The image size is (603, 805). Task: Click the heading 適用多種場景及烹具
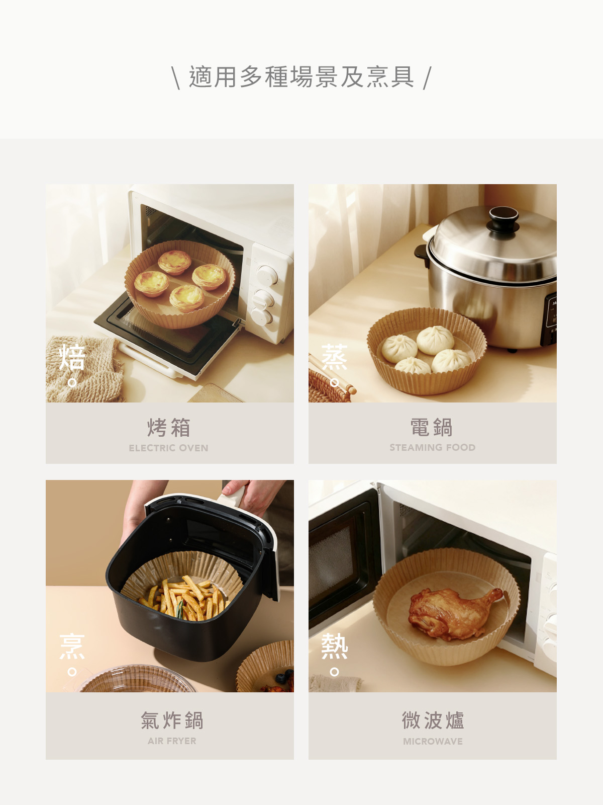click(x=301, y=77)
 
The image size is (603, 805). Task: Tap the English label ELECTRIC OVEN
click(x=168, y=448)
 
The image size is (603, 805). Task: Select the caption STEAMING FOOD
click(x=432, y=447)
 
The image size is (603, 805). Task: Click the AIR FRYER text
click(x=172, y=741)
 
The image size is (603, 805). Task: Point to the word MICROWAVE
click(x=433, y=741)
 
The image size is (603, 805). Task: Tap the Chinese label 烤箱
click(x=169, y=427)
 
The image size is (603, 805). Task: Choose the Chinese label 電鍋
click(x=432, y=427)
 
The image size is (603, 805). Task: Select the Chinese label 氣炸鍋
click(x=172, y=720)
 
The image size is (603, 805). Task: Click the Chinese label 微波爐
click(x=433, y=720)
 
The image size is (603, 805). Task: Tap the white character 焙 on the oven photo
click(x=72, y=357)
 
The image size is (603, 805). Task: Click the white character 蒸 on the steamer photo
click(x=334, y=357)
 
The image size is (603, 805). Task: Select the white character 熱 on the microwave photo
click(x=334, y=646)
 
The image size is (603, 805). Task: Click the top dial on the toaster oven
click(x=267, y=275)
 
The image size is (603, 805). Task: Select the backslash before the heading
click(x=176, y=78)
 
